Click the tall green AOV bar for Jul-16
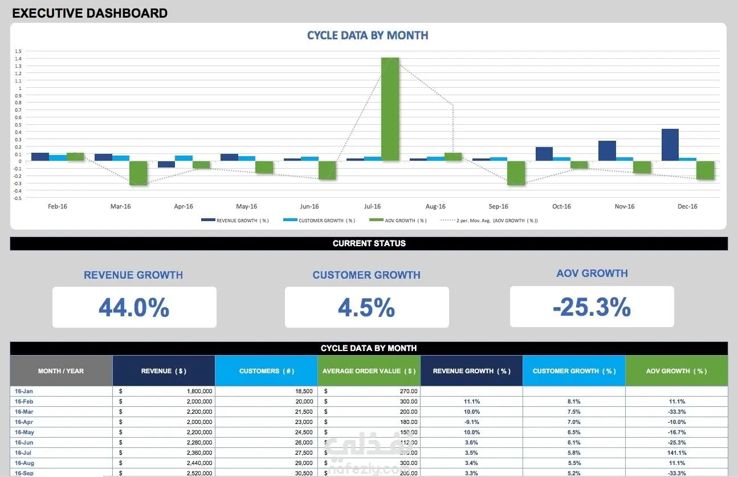point(390,109)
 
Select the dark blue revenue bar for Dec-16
point(670,145)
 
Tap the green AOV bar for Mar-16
point(138,173)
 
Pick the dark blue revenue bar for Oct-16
point(544,154)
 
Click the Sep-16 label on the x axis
point(498,206)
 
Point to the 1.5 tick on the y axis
point(18,51)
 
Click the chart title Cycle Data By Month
point(368,35)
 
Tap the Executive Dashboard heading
point(90,13)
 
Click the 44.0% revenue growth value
point(134,308)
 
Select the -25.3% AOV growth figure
point(592,308)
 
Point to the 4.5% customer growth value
point(366,308)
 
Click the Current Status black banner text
point(369,243)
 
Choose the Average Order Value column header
point(369,371)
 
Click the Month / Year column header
point(61,371)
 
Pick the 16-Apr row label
point(24,422)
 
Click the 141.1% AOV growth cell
point(676,453)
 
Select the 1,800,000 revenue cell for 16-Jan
point(199,392)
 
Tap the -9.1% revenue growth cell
point(471,422)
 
